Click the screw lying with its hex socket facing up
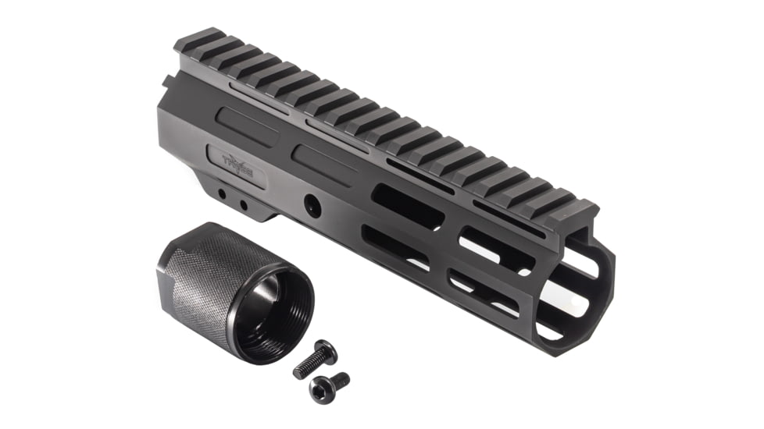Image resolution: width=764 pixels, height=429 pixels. coord(330,384)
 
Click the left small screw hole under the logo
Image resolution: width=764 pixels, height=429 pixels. coord(223,193)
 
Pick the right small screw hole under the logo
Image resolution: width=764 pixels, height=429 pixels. coord(244,205)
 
